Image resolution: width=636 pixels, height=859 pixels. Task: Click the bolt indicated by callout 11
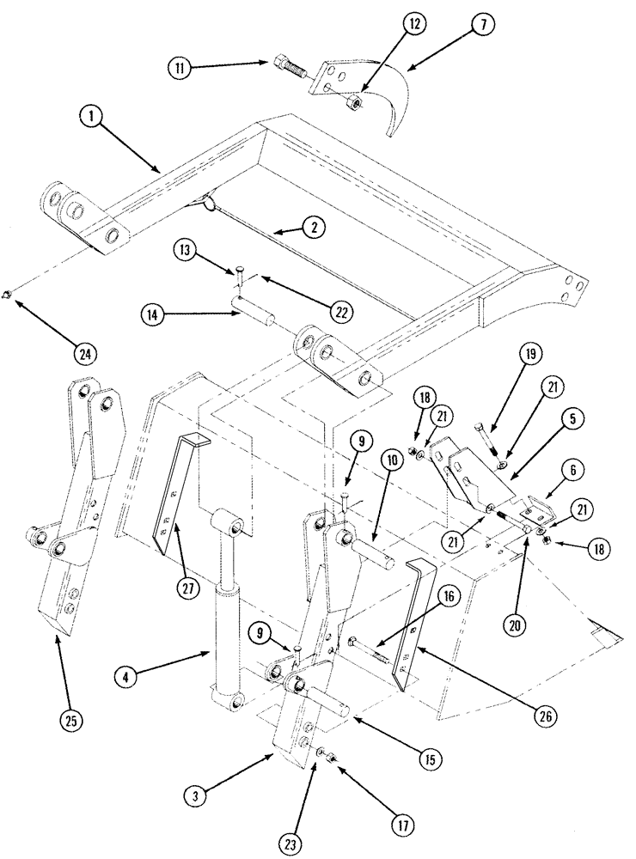pyautogui.click(x=287, y=65)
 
